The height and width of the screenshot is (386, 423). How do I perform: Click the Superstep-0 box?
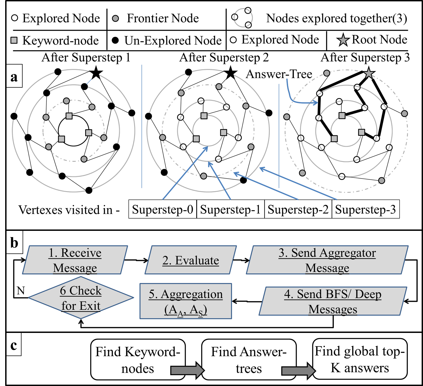point(163,209)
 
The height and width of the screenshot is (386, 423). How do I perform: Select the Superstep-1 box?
point(230,209)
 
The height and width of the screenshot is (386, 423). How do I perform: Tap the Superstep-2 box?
point(298,209)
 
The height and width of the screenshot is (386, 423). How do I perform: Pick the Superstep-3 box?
point(366,209)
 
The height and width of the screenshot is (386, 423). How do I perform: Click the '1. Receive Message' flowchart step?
point(75,260)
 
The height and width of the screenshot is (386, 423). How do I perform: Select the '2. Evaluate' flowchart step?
point(191,260)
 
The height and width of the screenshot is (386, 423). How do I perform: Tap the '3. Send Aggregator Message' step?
point(327,260)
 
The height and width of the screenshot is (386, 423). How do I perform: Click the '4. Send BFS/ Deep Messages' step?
point(333,301)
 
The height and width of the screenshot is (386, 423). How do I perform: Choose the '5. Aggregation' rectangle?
point(186,301)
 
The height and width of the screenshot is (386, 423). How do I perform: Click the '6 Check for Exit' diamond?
point(81,298)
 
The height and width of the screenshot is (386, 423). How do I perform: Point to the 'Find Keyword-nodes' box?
point(138,359)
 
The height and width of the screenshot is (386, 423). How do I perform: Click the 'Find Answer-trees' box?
point(249,359)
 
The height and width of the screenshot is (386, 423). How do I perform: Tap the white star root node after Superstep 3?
point(369,73)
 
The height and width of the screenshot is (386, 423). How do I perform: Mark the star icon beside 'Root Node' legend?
point(343,40)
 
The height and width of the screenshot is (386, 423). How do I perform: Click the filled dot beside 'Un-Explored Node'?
point(116,41)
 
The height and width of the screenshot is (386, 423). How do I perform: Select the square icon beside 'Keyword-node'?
point(14,41)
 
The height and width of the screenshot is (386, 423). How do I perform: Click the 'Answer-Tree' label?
point(279,74)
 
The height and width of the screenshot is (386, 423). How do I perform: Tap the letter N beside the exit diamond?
point(21,291)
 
